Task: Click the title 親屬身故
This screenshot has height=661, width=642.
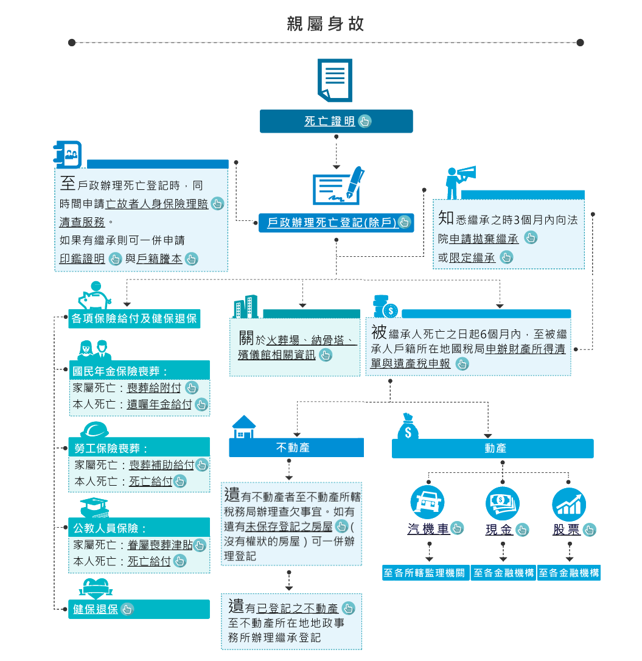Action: [326, 24]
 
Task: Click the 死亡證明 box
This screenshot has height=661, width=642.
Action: [336, 121]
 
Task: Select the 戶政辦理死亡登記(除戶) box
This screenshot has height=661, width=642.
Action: [336, 222]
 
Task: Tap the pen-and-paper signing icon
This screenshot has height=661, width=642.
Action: [338, 187]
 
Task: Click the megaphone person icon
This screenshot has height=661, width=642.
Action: [459, 181]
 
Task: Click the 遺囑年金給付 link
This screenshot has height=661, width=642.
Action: [159, 404]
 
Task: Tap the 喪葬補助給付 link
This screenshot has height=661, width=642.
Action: [161, 465]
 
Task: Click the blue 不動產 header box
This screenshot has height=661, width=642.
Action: [296, 447]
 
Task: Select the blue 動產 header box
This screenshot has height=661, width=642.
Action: [492, 448]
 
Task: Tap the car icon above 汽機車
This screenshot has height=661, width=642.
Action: [428, 503]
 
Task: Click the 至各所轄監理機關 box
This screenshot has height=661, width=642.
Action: [425, 573]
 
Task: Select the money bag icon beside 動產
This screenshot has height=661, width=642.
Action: [408, 427]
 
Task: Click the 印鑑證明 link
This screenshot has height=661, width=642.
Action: [82, 259]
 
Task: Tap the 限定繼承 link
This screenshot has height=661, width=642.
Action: [472, 258]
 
